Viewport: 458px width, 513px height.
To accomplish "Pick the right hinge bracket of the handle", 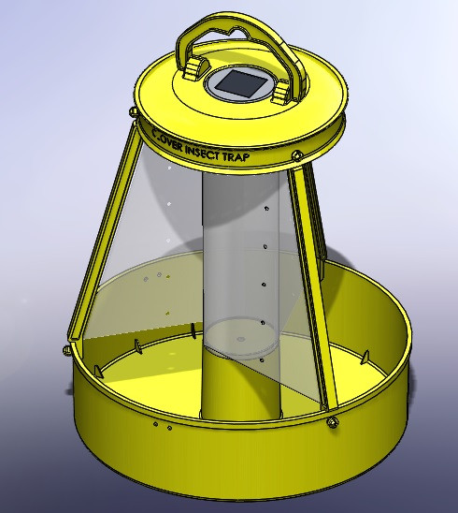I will (282, 91).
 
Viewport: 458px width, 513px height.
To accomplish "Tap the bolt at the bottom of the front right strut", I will (334, 425).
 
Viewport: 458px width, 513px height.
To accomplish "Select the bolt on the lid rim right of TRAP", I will (296, 154).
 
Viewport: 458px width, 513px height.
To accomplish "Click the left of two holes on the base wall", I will (155, 424).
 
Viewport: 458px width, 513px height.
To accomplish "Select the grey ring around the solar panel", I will (224, 94).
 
